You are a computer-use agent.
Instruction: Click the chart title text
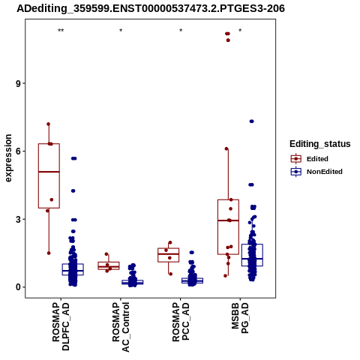click(151, 8)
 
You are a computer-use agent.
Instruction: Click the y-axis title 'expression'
click(8, 158)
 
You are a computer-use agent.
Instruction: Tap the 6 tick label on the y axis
click(18, 151)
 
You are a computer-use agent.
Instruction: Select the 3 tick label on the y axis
click(18, 219)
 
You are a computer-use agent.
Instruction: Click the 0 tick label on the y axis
click(18, 287)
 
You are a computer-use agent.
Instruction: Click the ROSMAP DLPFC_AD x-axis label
click(61, 326)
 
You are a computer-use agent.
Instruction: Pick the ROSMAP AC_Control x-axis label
click(121, 327)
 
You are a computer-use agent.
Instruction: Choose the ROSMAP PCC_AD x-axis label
click(181, 322)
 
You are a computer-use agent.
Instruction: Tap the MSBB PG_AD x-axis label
click(240, 318)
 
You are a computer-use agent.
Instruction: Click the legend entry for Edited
click(309, 159)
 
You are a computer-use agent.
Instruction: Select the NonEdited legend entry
click(316, 172)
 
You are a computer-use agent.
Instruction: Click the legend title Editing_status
click(320, 144)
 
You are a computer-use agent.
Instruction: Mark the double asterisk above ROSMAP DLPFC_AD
click(61, 31)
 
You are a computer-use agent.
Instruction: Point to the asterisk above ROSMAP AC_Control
click(121, 31)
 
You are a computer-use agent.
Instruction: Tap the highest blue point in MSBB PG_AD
click(252, 121)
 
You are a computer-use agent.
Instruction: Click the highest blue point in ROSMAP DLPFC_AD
click(73, 158)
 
